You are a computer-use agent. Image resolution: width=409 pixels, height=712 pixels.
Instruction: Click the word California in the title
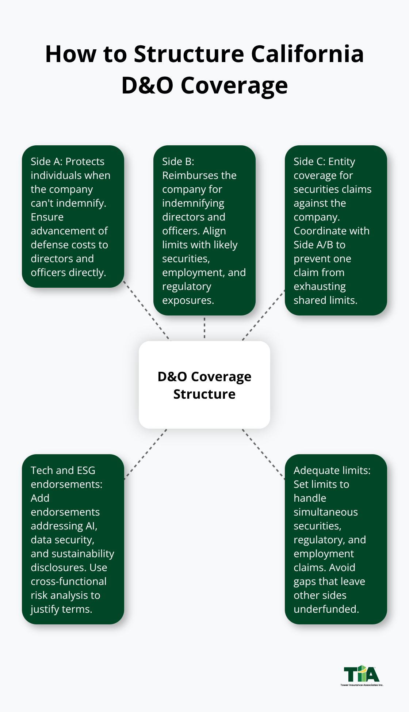pos(307,54)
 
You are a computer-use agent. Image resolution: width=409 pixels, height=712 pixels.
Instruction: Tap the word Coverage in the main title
pos(234,86)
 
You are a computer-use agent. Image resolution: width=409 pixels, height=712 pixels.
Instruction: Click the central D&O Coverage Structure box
pos(204,385)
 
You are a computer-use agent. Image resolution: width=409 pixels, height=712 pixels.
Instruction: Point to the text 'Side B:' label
pos(178,161)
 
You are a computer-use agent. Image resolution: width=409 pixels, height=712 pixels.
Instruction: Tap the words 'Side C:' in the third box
pos(310,161)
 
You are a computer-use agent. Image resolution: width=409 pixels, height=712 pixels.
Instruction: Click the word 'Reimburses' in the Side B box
pos(199,175)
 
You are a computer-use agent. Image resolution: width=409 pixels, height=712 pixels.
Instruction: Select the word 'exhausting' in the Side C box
pos(320,286)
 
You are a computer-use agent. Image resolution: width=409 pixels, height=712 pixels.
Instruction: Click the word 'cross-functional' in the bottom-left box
pos(69,581)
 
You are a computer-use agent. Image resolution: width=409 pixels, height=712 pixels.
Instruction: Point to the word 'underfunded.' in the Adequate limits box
pos(326,609)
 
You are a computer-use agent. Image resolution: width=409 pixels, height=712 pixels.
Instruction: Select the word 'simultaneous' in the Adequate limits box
pos(325,512)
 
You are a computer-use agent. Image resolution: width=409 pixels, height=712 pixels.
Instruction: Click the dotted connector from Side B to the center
pos(204,328)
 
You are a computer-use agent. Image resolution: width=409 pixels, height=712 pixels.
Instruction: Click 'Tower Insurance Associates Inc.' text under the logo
pos(362,685)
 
